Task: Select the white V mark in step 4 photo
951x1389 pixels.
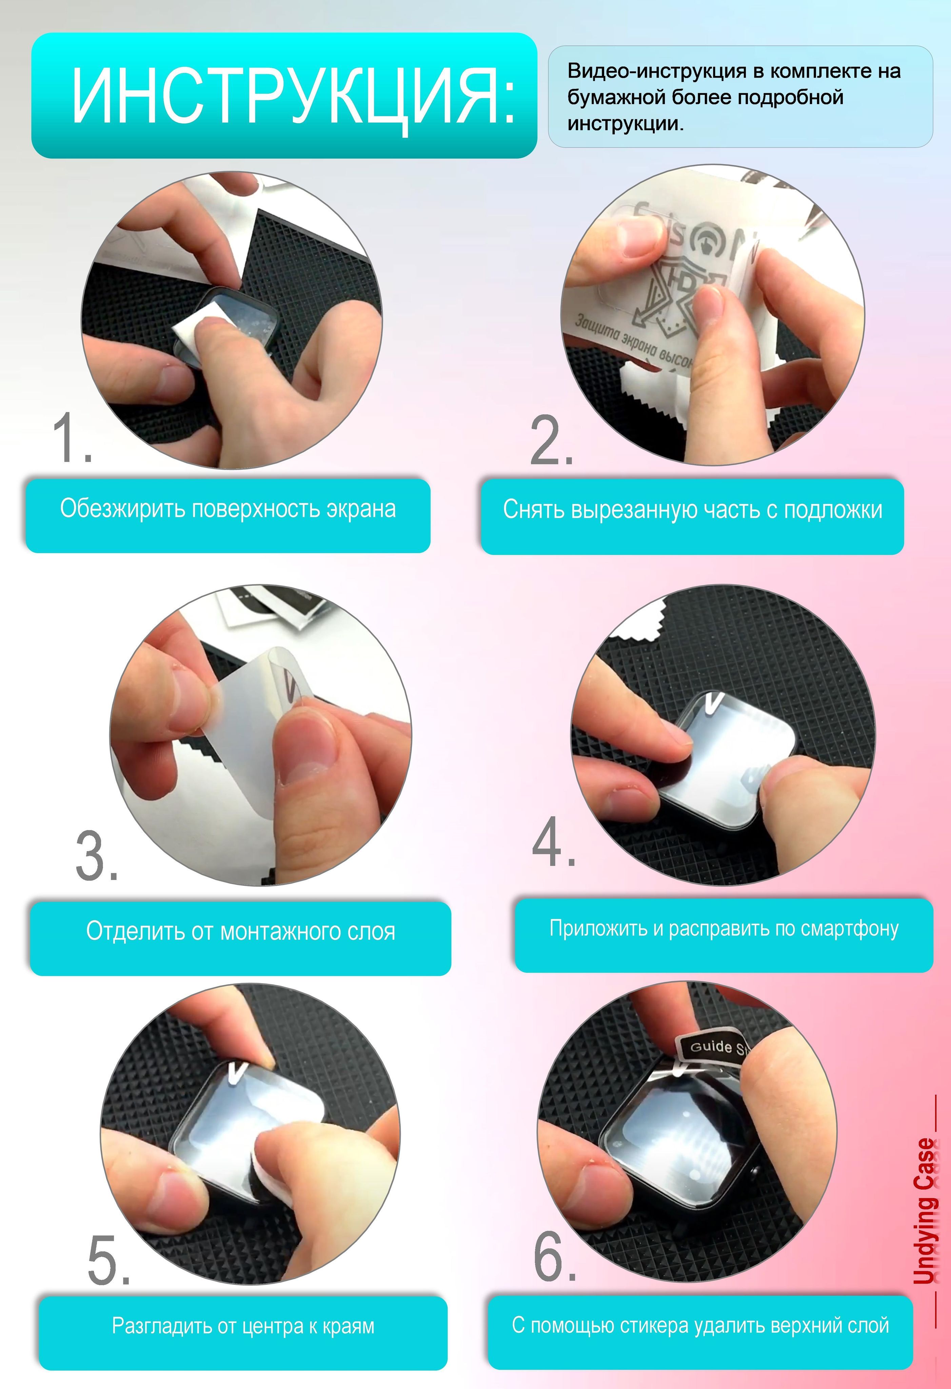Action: (714, 703)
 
